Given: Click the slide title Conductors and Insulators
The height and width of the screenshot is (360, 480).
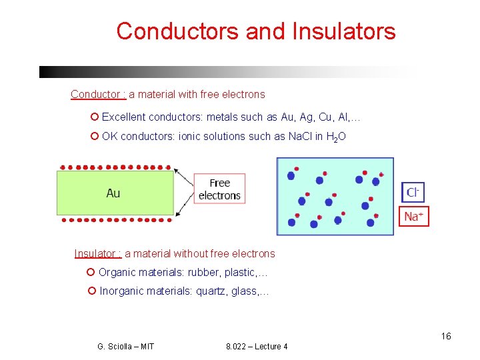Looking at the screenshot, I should point(256,31).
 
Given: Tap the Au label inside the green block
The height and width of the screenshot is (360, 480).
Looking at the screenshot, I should point(113,193).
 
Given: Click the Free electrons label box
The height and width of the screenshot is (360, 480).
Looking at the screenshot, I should point(219,189).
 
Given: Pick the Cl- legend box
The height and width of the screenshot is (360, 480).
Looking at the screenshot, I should point(413,193).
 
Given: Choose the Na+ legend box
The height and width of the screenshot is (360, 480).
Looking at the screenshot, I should point(414,216).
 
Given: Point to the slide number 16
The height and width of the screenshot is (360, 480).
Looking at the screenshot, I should point(446,336).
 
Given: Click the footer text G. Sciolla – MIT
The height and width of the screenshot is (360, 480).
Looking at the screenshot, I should point(125,347).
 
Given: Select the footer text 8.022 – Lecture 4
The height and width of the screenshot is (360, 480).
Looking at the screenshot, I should point(257,347).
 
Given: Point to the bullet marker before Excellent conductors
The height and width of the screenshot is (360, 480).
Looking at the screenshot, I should point(94,117).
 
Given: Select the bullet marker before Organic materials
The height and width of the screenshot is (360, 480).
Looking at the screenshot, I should point(91,272).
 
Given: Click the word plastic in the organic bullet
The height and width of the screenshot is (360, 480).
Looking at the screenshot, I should point(243,272).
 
